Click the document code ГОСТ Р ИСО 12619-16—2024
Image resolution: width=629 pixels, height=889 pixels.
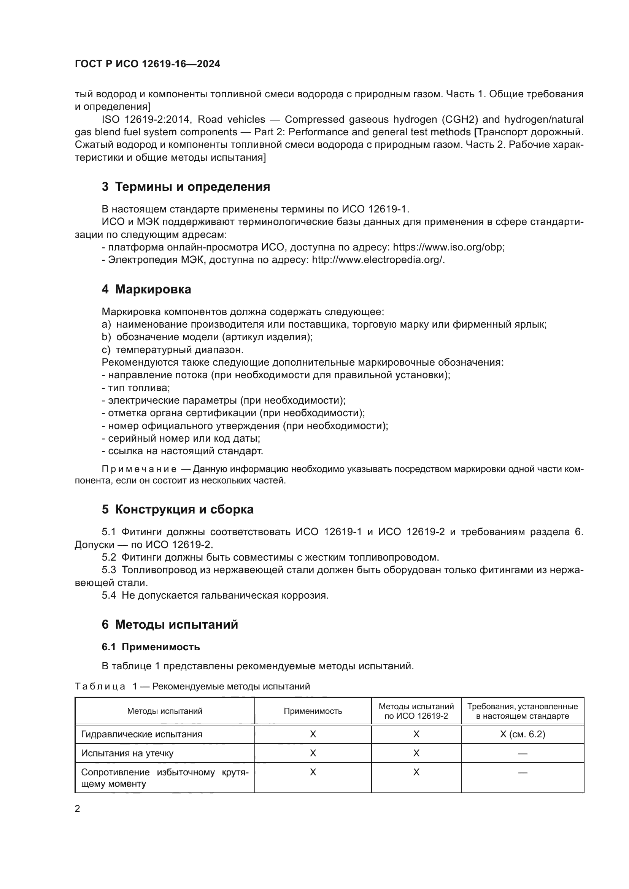coord(147,64)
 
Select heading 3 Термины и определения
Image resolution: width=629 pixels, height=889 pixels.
coord(186,187)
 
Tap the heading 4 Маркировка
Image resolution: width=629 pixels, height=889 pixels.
coord(146,289)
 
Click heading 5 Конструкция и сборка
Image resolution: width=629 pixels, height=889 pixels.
coord(177,509)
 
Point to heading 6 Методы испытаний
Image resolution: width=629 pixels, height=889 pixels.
coord(170,624)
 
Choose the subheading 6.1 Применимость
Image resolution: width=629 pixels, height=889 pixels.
coord(151,647)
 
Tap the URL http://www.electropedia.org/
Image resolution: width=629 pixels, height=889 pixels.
coord(378,260)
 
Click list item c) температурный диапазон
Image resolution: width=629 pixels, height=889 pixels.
coord(172,350)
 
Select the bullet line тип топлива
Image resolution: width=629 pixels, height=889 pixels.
coord(136,388)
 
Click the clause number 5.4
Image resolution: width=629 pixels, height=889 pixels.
coord(109,596)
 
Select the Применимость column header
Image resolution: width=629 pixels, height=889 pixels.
coord(313,711)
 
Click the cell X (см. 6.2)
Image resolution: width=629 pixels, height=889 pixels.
coord(522,734)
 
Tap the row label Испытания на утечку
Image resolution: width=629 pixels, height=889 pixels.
coord(127,753)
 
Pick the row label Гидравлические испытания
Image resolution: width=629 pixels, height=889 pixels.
coord(141,734)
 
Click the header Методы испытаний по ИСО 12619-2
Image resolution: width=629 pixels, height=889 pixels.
coord(416,711)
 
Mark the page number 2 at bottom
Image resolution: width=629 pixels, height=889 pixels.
coord(78,809)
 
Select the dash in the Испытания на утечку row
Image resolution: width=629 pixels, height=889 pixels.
coord(522,753)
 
